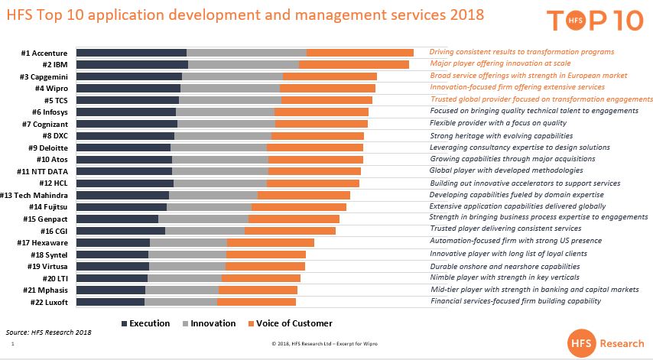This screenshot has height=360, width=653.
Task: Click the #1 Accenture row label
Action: coord(46,53)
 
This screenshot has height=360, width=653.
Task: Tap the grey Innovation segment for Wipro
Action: coord(229,88)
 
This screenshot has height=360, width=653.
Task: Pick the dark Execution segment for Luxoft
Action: coord(111,302)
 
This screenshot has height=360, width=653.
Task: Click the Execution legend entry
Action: coord(145,323)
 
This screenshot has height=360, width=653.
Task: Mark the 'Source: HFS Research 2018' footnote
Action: coord(48,333)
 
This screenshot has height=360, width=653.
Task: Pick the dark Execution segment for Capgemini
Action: coord(129,76)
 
